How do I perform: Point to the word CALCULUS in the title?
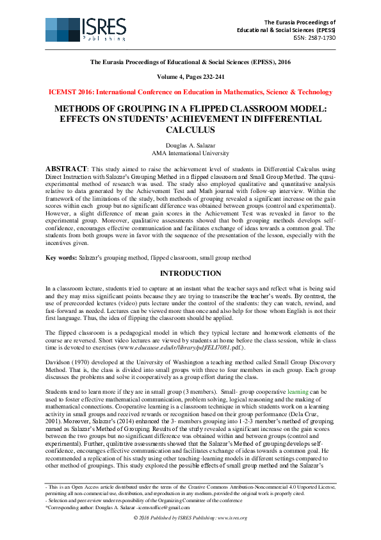pos(190,130)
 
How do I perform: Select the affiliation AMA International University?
pos(190,154)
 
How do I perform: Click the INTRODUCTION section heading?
pos(190,273)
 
